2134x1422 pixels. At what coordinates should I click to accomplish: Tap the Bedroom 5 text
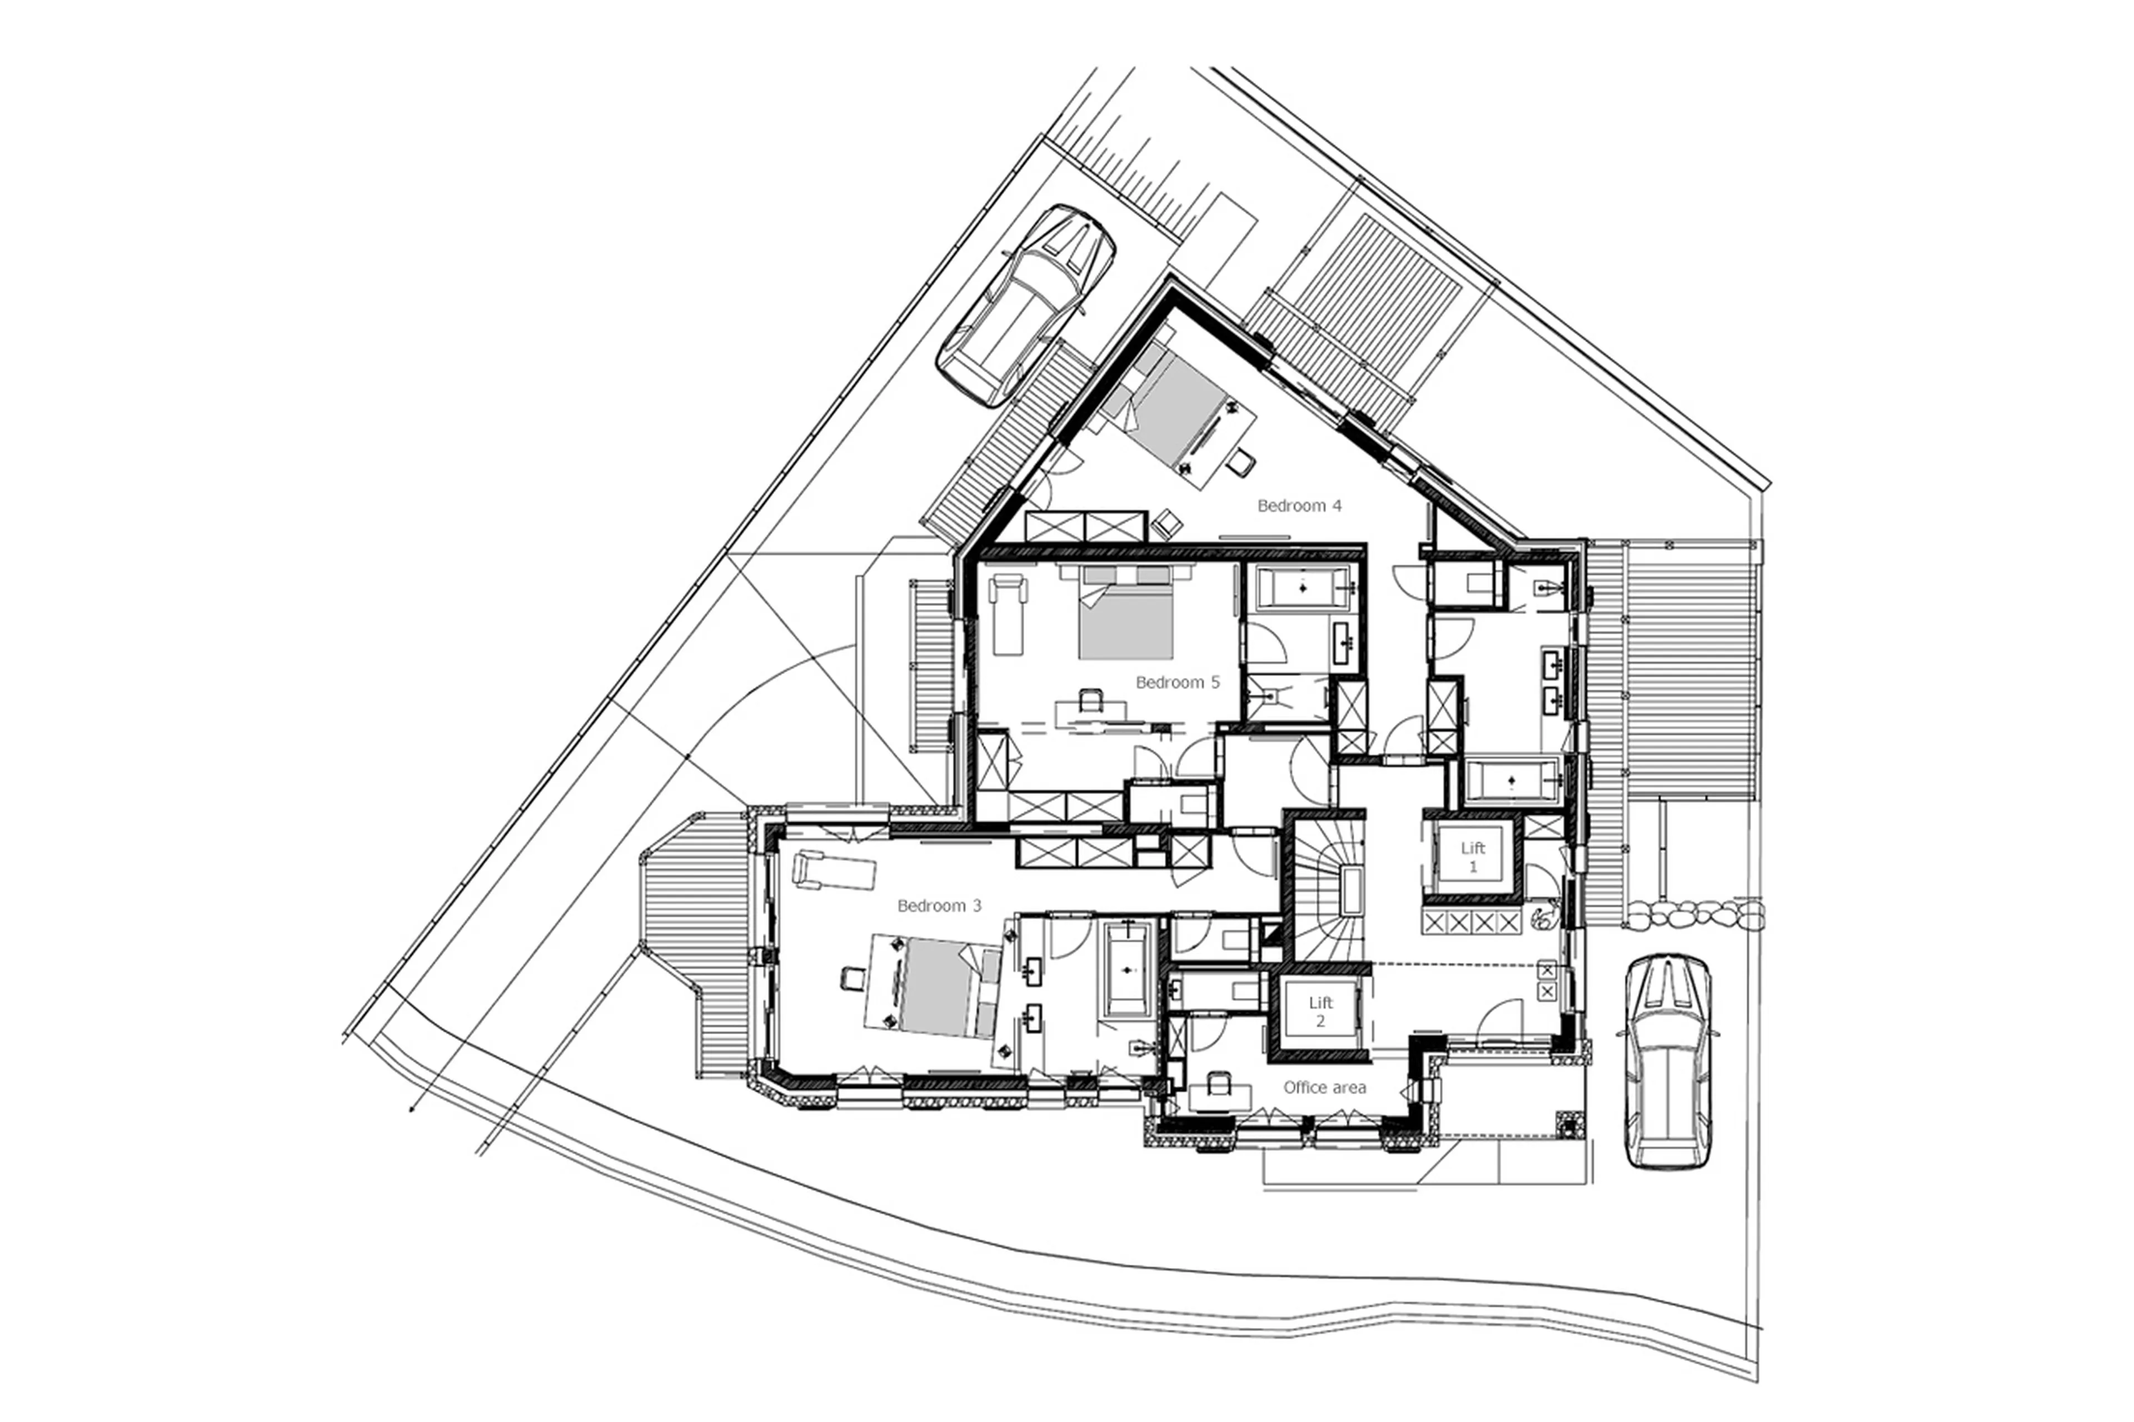[1177, 682]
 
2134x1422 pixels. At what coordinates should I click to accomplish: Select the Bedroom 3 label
[939, 905]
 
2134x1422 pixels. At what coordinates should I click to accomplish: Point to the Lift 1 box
[1472, 857]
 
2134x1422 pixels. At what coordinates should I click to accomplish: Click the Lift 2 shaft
[1320, 1012]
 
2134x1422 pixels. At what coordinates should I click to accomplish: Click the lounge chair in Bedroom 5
[1009, 613]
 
